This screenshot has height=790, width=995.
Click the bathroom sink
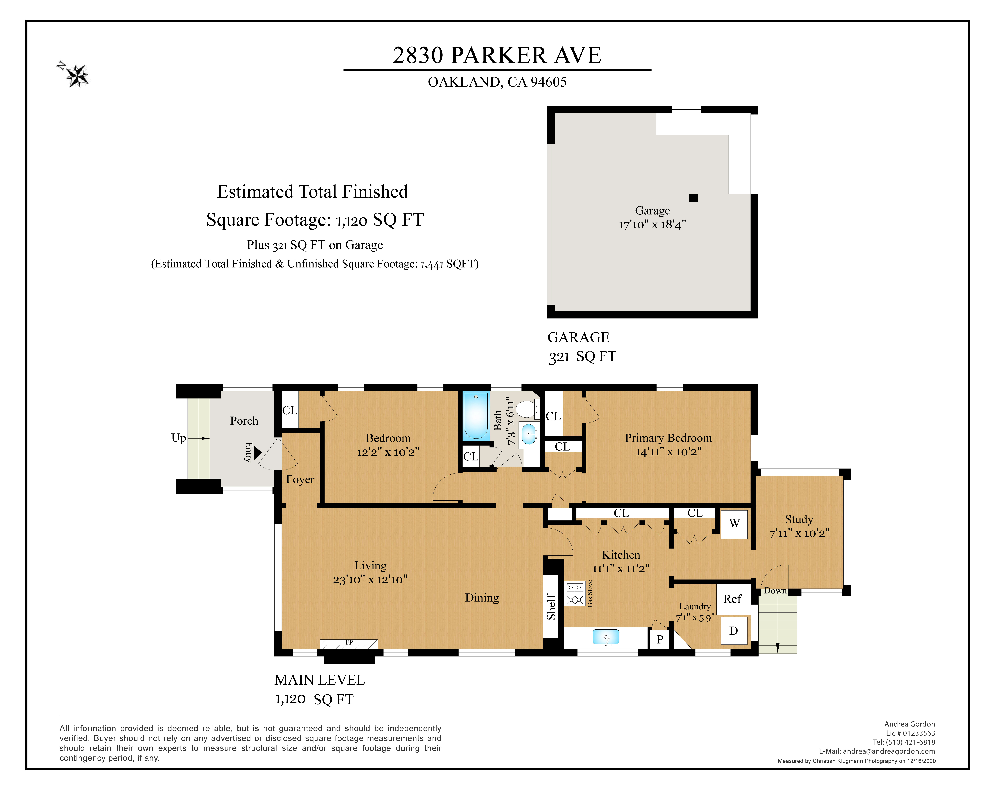(529, 434)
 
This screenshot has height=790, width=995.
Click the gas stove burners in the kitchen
(575, 593)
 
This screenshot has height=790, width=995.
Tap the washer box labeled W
(734, 524)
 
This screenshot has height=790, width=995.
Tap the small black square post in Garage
(694, 197)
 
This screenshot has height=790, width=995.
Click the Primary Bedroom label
(668, 438)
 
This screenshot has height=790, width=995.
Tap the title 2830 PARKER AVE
(497, 55)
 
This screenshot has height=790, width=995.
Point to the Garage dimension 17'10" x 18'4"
(652, 225)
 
